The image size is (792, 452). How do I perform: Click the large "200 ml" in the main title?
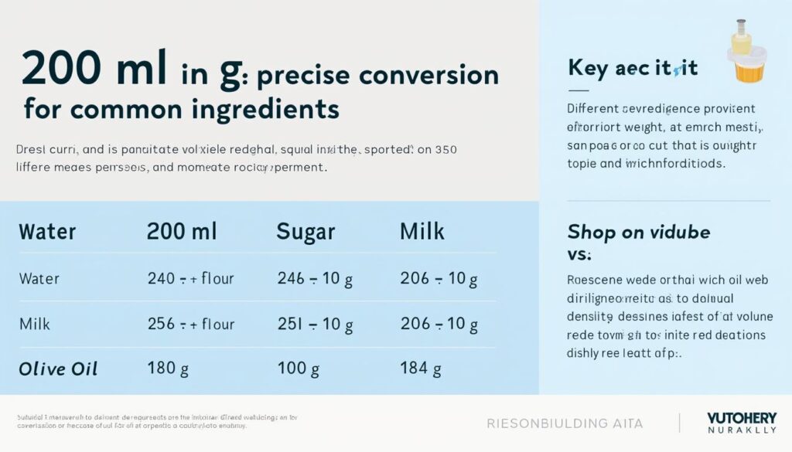(94, 70)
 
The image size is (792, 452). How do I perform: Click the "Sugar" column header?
(306, 231)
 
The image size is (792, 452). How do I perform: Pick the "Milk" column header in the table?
(422, 231)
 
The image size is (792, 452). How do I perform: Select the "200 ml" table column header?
(182, 231)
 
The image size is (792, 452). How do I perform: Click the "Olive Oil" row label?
(58, 369)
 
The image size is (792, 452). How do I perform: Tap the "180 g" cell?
(168, 369)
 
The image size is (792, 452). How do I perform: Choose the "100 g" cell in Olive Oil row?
(298, 369)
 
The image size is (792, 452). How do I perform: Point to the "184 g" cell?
(421, 369)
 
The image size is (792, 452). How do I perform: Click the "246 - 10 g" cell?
(315, 279)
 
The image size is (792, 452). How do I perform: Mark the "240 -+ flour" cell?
(190, 279)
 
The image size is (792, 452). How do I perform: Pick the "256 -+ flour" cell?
(190, 324)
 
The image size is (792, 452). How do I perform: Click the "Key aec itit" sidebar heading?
(633, 68)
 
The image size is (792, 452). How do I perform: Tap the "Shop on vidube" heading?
(638, 232)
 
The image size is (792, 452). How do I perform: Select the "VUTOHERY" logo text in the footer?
(742, 417)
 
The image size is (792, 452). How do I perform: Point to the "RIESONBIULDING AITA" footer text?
(565, 423)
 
